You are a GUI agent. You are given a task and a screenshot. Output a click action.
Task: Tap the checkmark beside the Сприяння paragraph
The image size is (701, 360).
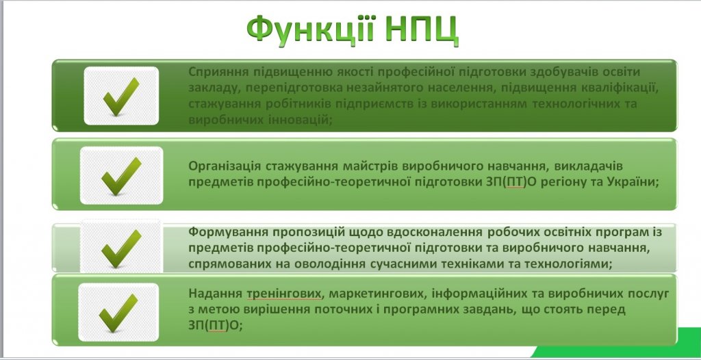(121, 97)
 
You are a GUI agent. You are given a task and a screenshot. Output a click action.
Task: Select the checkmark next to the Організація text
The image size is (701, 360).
(121, 176)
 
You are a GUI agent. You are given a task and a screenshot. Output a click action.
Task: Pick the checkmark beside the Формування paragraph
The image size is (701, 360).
(121, 249)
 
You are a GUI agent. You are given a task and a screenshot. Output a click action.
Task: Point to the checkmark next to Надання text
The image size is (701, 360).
(118, 313)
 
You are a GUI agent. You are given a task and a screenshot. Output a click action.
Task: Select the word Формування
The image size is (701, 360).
(222, 233)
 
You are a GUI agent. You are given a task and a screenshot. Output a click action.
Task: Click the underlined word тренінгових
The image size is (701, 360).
(283, 294)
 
